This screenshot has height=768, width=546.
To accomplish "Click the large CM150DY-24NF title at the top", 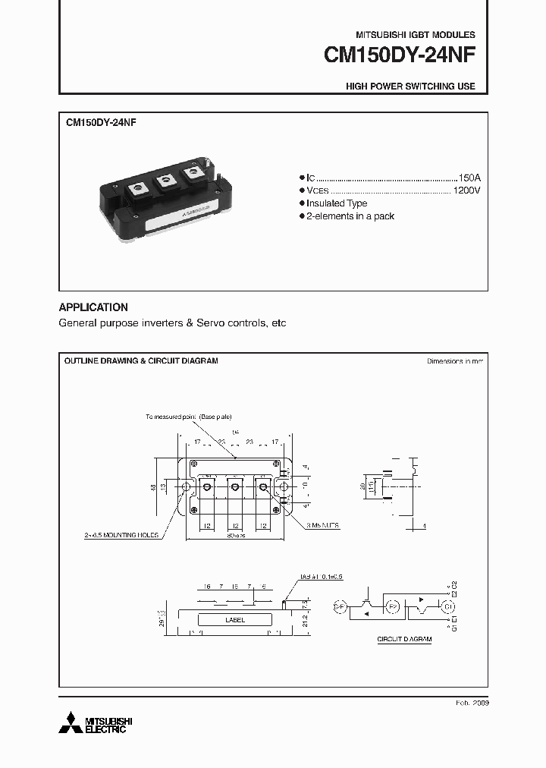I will point(400,55).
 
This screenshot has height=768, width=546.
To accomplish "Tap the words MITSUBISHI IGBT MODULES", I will point(416,35).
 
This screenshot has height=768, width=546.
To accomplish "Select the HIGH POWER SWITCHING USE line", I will point(410,87).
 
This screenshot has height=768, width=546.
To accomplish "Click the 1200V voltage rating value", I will point(466,190).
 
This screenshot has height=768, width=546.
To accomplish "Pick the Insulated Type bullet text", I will point(337,203).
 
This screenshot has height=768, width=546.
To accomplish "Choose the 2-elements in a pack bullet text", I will point(350,216).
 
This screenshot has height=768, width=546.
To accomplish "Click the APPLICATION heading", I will point(93,307).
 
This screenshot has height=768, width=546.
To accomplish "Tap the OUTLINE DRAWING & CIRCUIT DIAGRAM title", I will point(141,360).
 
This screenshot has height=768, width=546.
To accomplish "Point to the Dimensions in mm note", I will point(454,361).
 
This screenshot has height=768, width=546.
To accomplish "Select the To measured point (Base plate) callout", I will point(190,417).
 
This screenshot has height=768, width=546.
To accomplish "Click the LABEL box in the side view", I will point(235,620).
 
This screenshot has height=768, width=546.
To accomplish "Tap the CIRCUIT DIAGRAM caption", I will point(404,640).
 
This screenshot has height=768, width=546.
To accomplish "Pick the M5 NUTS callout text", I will point(325,524).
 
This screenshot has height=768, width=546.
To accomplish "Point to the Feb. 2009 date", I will point(472,703).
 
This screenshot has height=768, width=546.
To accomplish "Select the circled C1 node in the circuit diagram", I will point(447,607).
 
